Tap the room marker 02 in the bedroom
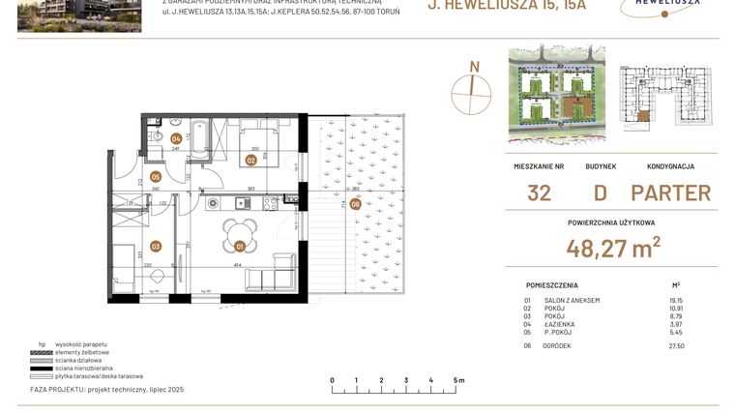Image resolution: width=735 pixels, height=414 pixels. (250, 160)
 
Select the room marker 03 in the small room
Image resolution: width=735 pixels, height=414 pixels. (155, 247)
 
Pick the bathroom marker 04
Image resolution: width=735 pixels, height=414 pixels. (176, 138)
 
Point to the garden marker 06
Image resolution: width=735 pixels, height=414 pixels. (355, 204)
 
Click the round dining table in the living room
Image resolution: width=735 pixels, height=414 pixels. (241, 233)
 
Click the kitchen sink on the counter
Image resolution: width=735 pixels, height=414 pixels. (214, 202)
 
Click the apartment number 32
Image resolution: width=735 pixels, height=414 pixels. (539, 192)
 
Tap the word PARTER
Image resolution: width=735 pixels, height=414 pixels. (670, 192)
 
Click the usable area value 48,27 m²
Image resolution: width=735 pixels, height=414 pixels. (614, 249)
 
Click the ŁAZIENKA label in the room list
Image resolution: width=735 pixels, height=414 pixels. (562, 324)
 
